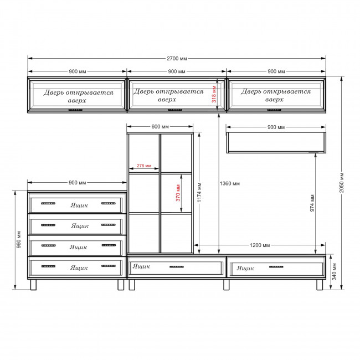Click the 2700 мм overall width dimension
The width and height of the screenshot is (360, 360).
click(177, 59)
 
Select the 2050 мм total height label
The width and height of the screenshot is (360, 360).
click(342, 183)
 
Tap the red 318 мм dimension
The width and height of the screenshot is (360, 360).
click(214, 94)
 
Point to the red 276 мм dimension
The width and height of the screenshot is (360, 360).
click(144, 166)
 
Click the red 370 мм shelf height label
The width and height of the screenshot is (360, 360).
click(178, 193)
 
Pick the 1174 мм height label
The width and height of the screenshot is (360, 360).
click(199, 192)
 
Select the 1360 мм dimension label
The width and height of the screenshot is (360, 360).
click(230, 183)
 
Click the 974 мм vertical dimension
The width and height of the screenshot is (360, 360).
click(312, 203)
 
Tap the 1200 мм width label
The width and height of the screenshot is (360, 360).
click(260, 245)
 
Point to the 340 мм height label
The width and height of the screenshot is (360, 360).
click(335, 271)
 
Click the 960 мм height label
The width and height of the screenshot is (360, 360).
click(19, 239)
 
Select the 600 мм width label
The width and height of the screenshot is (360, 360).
click(160, 127)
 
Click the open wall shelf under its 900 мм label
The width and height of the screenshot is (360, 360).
click(276, 142)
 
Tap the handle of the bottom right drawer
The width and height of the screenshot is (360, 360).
click(276, 267)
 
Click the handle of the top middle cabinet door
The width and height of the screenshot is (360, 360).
click(175, 110)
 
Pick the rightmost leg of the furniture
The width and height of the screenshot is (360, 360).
click(320, 285)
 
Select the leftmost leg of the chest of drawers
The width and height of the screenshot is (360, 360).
click(33, 285)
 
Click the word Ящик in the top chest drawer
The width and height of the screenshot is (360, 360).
click(79, 205)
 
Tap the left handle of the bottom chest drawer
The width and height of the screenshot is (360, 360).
click(48, 266)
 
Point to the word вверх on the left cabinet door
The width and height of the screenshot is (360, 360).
click(77, 101)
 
